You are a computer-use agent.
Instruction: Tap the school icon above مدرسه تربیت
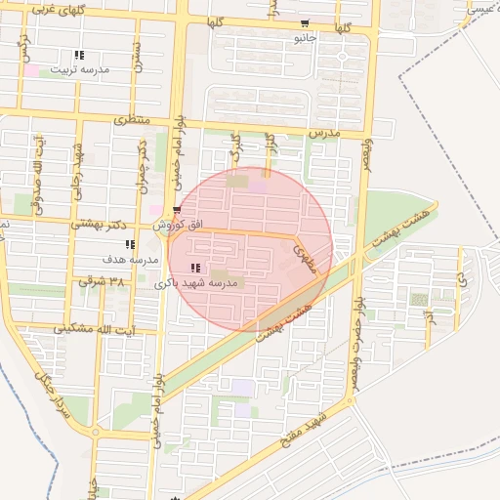pos(78,56)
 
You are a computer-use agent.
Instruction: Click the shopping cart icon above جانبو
pos(306,24)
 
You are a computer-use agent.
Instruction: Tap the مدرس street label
pos(322,130)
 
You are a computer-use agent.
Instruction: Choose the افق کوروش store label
pos(180,225)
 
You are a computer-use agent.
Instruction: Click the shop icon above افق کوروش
pos(176,210)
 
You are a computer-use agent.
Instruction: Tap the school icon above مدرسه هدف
pos(130,244)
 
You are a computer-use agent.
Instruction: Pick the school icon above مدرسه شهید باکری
pos(196,268)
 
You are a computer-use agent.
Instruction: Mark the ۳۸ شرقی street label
pos(104,281)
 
